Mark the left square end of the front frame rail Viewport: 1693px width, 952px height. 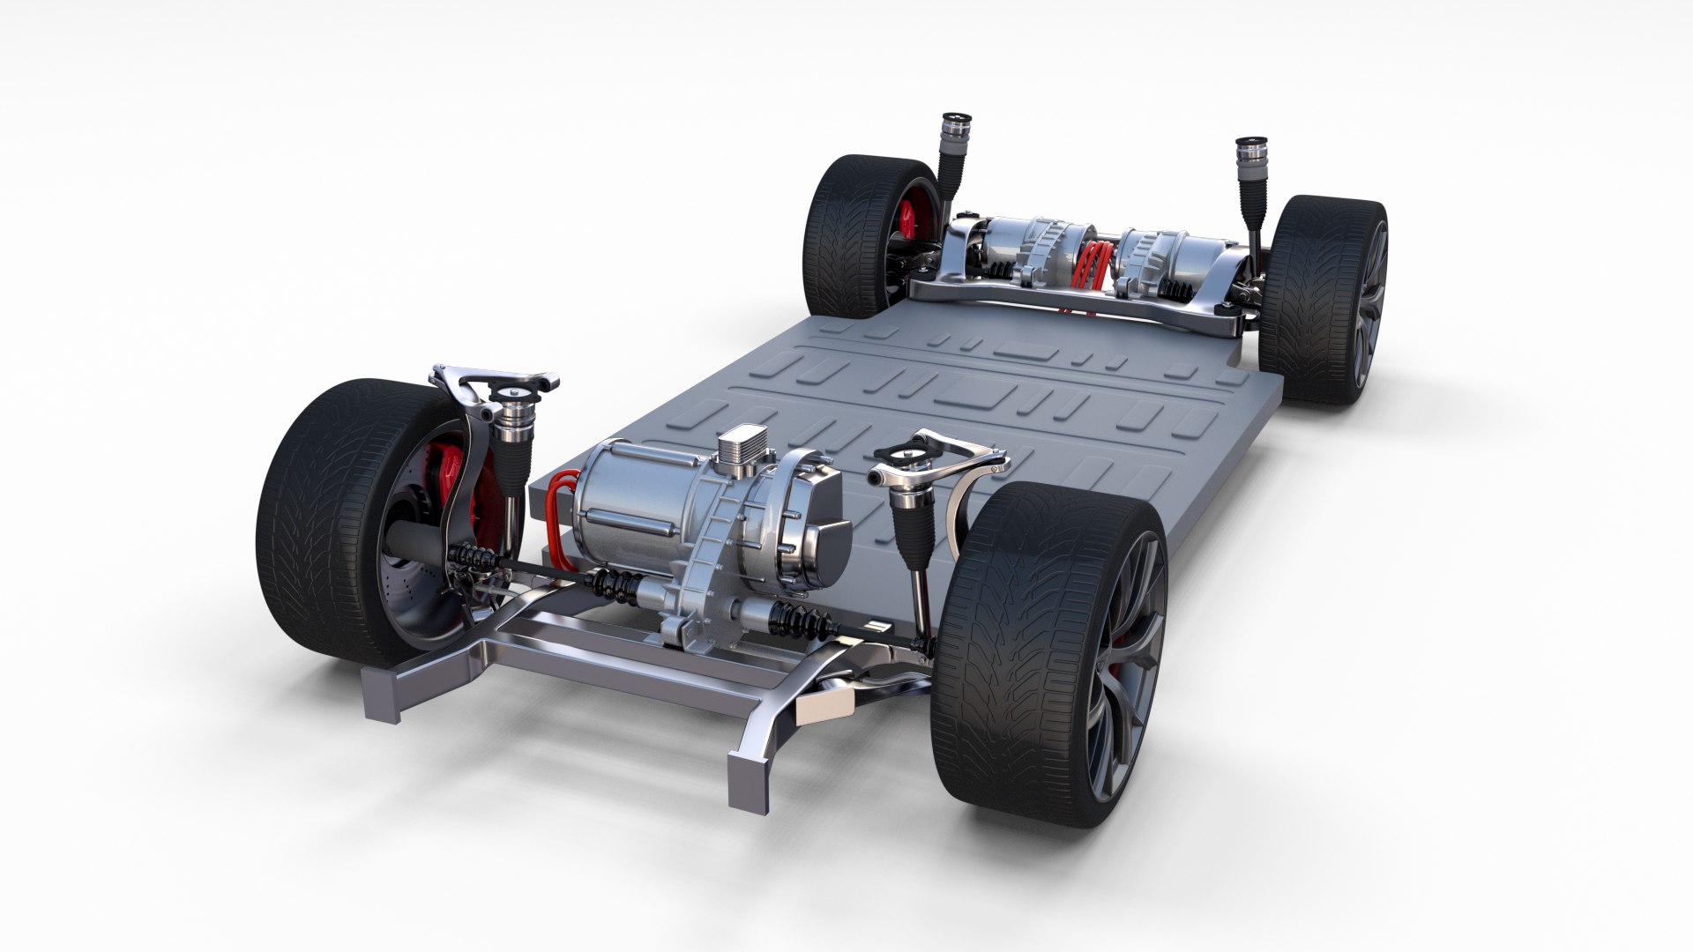(x=388, y=696)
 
